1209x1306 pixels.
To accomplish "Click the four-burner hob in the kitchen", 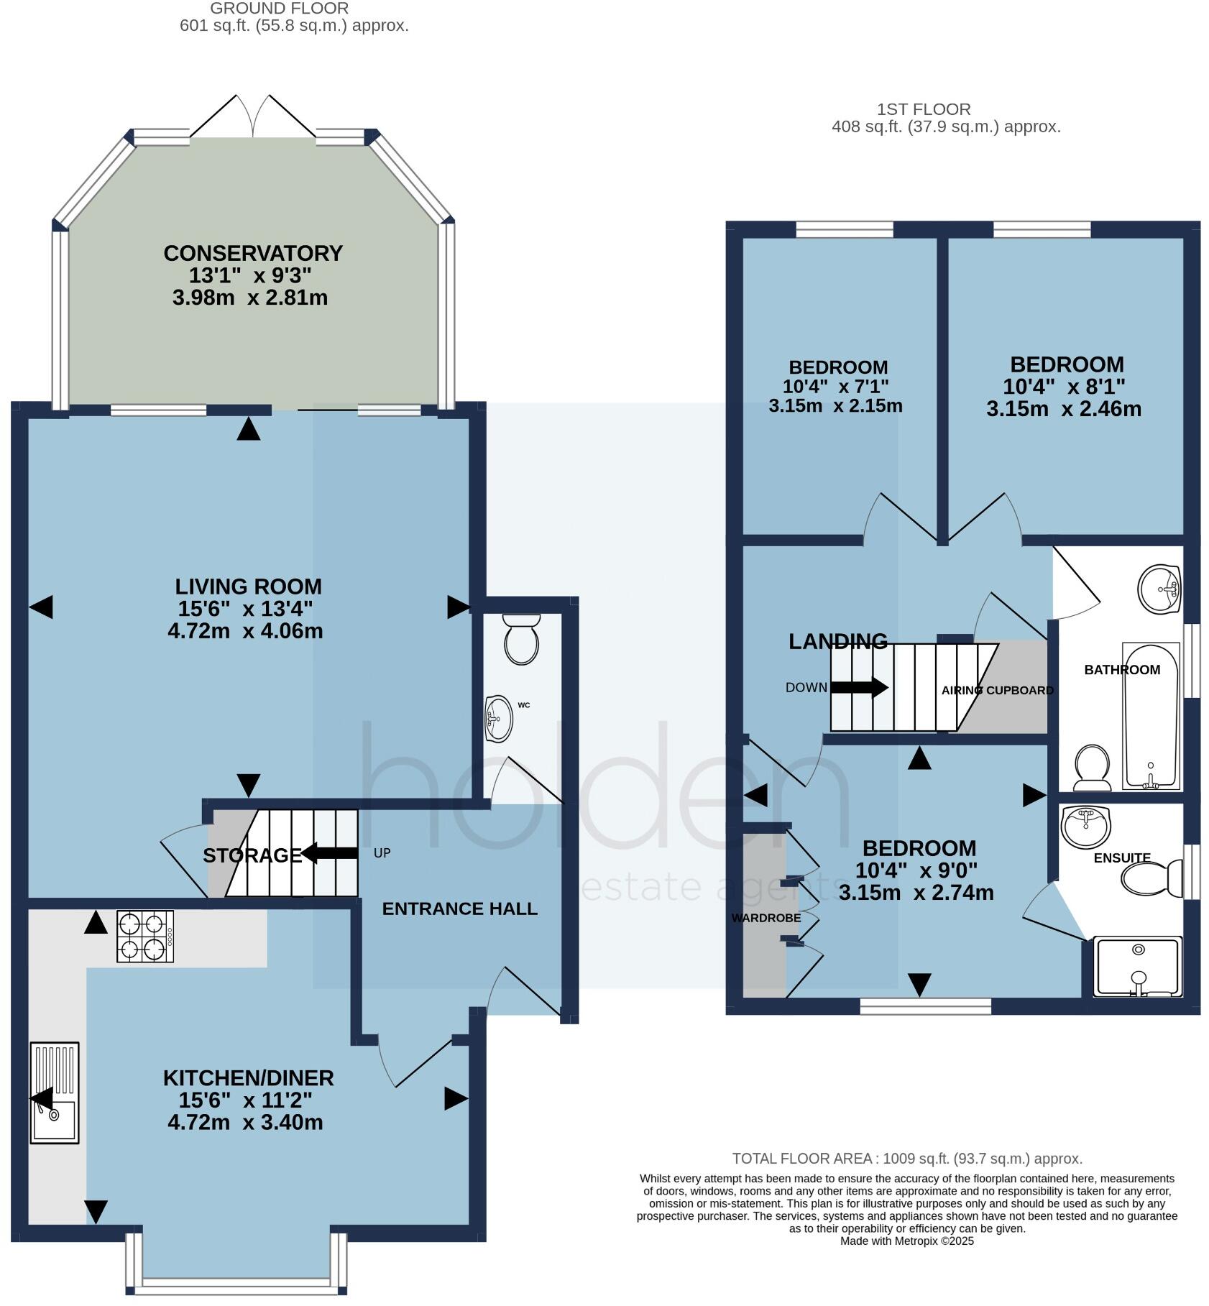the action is click(x=145, y=937).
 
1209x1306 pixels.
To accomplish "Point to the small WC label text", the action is click(x=524, y=705).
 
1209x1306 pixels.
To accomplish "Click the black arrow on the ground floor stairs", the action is click(x=329, y=854).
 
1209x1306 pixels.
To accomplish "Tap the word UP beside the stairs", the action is click(x=382, y=853).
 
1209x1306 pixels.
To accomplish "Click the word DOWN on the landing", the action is click(x=806, y=688).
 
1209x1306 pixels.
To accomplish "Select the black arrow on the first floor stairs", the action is click(x=860, y=687).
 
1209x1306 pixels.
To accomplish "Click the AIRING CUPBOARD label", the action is click(x=998, y=691).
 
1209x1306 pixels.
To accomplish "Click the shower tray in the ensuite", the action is click(x=1138, y=967).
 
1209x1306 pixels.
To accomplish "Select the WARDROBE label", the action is click(x=766, y=919).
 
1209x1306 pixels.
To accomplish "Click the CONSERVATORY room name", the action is click(x=253, y=254).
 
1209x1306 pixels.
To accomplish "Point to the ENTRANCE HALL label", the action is click(x=460, y=909).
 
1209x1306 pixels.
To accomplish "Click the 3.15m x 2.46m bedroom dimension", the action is click(x=1064, y=410).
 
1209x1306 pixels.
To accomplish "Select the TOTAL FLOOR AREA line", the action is click(x=907, y=1159).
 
